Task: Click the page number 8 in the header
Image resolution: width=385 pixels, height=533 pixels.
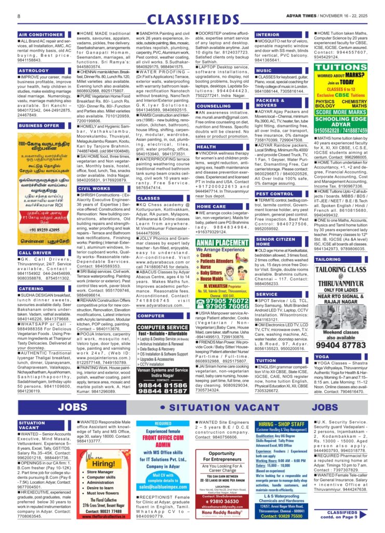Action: pyautogui.click(x=19, y=16)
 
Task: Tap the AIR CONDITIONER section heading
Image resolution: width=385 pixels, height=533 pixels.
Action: pyautogui.click(x=41, y=34)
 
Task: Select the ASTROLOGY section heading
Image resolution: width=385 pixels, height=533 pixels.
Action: pyautogui.click(x=34, y=70)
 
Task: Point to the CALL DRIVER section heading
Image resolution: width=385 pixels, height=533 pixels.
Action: pyautogui.click(x=36, y=252)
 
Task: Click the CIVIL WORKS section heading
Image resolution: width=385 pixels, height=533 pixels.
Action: pyautogui.click(x=94, y=188)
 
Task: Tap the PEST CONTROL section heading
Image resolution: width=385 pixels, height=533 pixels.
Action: pyautogui.click(x=275, y=194)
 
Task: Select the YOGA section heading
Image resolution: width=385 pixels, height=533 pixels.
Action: pyautogui.click(x=322, y=357)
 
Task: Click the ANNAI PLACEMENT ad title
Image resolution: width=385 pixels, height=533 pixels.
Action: pyautogui.click(x=222, y=242)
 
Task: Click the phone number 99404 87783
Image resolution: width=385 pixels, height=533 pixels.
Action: pyautogui.click(x=341, y=345)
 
